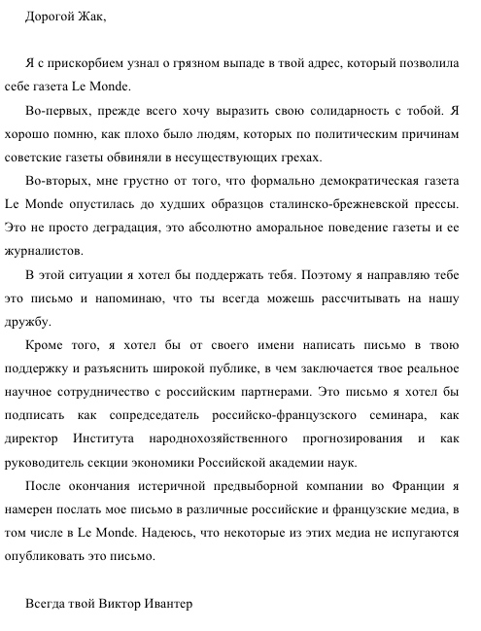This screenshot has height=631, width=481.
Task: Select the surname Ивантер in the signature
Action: click(161, 603)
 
